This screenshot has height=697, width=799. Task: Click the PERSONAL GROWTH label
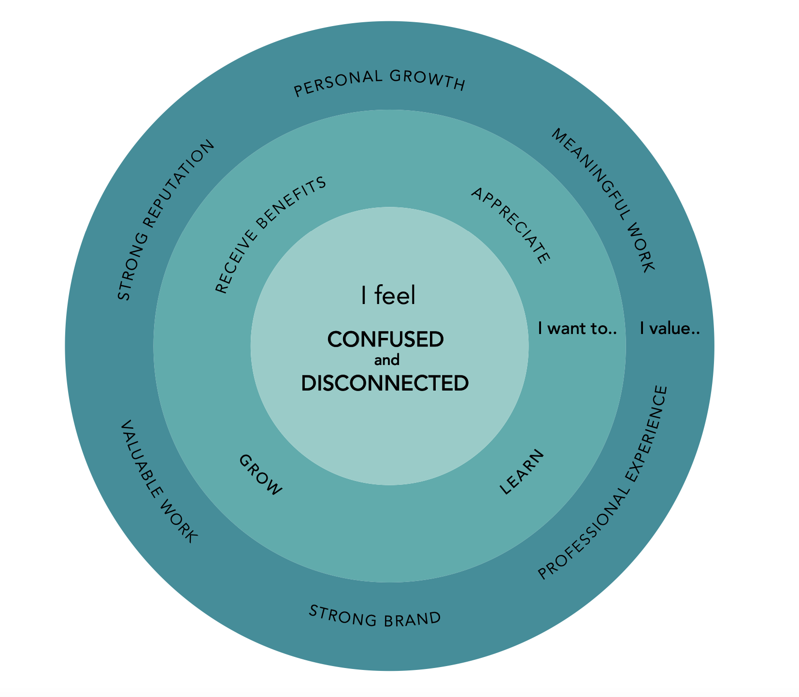[x=380, y=83]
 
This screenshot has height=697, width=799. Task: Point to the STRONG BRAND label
[x=375, y=617]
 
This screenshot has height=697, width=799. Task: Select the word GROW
[x=260, y=475]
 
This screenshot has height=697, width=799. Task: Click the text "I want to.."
[x=578, y=329]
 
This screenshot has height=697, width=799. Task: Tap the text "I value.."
[x=670, y=329]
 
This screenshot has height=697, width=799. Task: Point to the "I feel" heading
[x=388, y=295]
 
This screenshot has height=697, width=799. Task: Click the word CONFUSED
[x=385, y=339]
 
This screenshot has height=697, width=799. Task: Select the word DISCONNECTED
[x=385, y=383]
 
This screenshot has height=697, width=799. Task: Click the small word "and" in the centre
[x=387, y=361]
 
